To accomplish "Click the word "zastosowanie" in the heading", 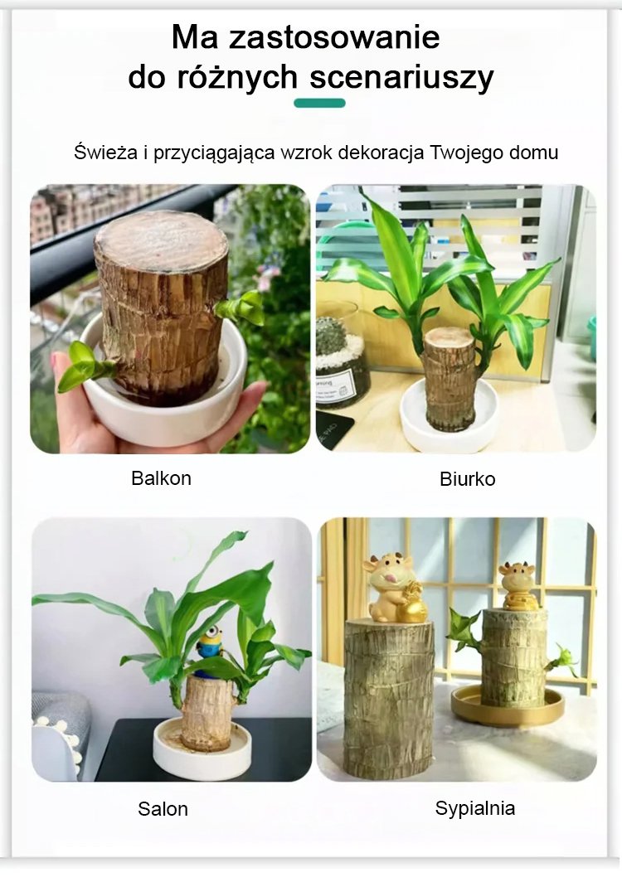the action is pos(334,37).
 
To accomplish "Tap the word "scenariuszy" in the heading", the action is pos(401,77).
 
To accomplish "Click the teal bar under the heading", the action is pos(320,103).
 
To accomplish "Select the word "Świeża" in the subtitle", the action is pos(106,152).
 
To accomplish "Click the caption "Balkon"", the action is pos(162,478).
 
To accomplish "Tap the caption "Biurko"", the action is pos(467,479).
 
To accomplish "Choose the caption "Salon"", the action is pos(163,809).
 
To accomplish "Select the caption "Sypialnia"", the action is pos(475,808).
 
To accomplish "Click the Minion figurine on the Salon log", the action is pos(209,650).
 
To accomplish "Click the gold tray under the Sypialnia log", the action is pos(508,706).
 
